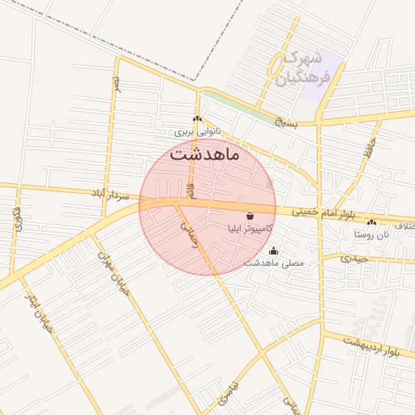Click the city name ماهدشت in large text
pos(206,154)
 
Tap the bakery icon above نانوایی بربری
pos(197,119)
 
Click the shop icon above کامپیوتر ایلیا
pos(248,216)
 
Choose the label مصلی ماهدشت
pos(274,263)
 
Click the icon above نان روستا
pos(371,222)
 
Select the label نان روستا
pos(371,234)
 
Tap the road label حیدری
pos(355,259)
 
